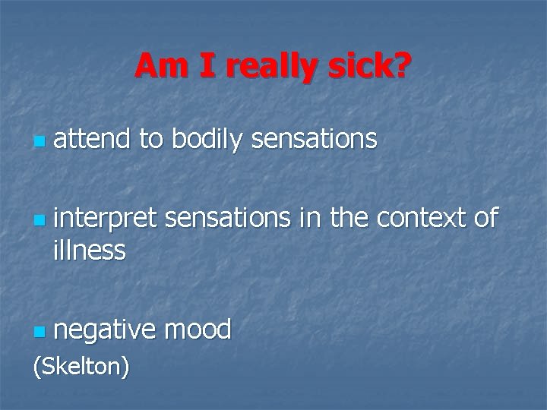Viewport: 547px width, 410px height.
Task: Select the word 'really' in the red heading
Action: [262, 68]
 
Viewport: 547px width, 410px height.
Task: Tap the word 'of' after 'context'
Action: [485, 219]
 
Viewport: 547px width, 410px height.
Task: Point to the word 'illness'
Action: [90, 249]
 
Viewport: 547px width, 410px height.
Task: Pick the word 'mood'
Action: [198, 329]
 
